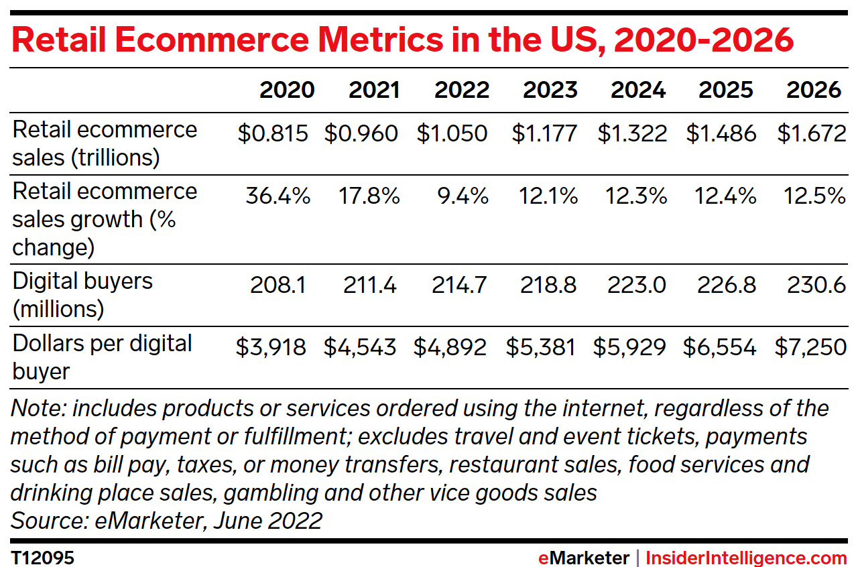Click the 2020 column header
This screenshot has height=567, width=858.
(287, 90)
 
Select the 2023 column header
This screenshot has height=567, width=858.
(550, 90)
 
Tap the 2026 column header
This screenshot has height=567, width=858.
(814, 90)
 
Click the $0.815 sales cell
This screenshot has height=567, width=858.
(273, 133)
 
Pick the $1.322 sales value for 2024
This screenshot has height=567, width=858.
(632, 133)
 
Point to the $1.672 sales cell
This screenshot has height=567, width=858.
(812, 133)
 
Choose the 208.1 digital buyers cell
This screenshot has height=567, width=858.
(278, 286)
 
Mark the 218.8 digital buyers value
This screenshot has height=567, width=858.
(548, 286)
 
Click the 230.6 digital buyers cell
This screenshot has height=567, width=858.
(815, 286)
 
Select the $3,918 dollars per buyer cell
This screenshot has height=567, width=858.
(271, 347)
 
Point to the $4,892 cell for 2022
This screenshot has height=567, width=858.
(450, 347)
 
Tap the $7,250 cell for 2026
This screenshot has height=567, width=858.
(810, 347)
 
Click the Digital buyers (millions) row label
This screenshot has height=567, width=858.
(82, 295)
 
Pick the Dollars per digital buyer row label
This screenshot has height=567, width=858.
(103, 357)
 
